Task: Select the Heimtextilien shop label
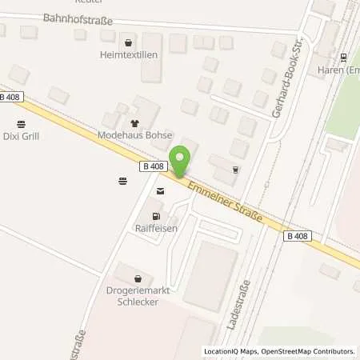coord(128,55)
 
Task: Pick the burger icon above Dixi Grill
coord(21,123)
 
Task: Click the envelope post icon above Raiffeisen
coord(161,191)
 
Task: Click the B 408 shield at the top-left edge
coord(10,97)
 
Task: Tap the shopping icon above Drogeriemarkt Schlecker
coord(138,279)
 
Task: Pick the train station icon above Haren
coord(343,56)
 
